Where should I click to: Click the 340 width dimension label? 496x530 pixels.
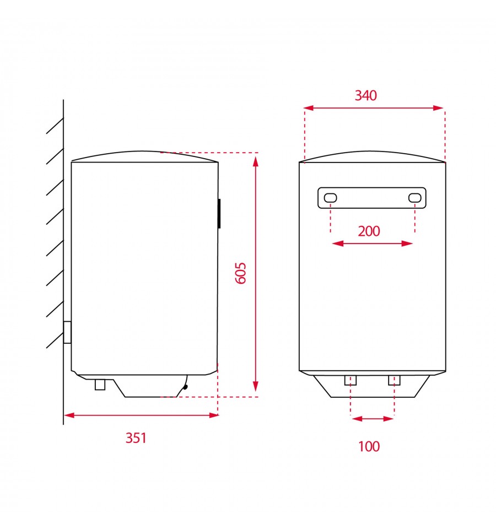[x=365, y=95]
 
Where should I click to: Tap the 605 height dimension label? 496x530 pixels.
[x=241, y=273]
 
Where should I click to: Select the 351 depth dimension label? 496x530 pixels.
[x=136, y=438]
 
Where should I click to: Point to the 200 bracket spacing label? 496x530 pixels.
[x=369, y=231]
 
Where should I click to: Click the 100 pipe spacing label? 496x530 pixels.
[x=369, y=446]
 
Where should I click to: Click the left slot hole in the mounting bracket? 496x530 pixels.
[x=330, y=198]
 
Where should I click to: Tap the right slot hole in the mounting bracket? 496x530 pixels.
[x=415, y=198]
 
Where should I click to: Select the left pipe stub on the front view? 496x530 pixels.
[x=351, y=380]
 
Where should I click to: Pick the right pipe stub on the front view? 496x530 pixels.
[x=394, y=380]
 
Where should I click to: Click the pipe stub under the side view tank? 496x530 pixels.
[x=100, y=385]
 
